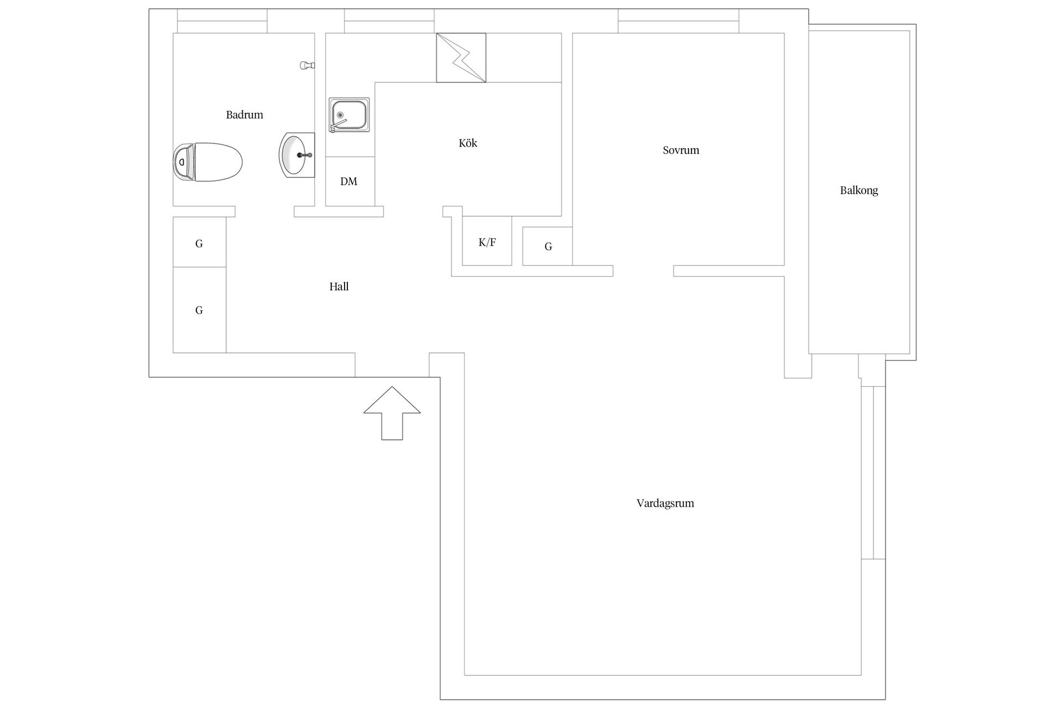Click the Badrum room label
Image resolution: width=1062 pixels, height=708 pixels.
pyautogui.click(x=244, y=115)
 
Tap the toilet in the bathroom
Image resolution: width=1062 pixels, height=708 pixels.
pyautogui.click(x=208, y=162)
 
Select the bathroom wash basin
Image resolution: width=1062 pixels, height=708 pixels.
pyautogui.click(x=297, y=155)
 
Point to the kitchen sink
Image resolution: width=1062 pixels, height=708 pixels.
pyautogui.click(x=349, y=115)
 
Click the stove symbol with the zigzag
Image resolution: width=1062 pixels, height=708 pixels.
pyautogui.click(x=461, y=58)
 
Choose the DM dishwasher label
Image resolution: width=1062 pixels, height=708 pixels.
pyautogui.click(x=349, y=181)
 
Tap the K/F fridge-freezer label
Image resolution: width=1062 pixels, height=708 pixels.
pyautogui.click(x=487, y=242)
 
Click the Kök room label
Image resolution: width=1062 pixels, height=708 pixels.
pyautogui.click(x=468, y=143)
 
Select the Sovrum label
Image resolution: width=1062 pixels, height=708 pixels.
pyautogui.click(x=681, y=150)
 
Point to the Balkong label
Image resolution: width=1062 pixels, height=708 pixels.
pyautogui.click(x=859, y=190)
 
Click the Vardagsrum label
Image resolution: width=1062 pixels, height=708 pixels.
pyautogui.click(x=665, y=503)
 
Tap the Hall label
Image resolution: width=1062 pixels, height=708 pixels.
pyautogui.click(x=339, y=287)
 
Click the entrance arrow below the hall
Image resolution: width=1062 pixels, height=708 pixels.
pyautogui.click(x=392, y=413)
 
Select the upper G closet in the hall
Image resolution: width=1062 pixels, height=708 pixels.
pyautogui.click(x=200, y=242)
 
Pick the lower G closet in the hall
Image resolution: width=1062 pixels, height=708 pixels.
pyautogui.click(x=200, y=310)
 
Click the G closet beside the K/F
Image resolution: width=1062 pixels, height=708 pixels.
pyautogui.click(x=548, y=246)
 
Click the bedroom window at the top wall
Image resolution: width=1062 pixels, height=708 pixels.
pyautogui.click(x=679, y=21)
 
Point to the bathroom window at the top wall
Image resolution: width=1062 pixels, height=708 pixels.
pyautogui.click(x=222, y=21)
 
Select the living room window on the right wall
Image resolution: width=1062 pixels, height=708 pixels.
pyautogui.click(x=873, y=473)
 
